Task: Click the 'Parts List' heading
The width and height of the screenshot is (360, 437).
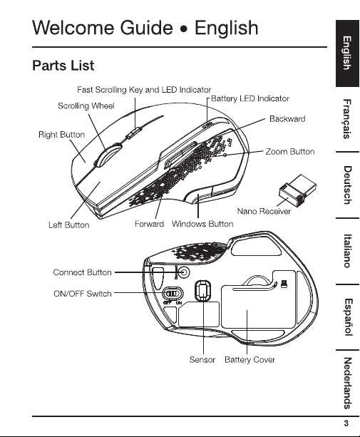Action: coord(63,66)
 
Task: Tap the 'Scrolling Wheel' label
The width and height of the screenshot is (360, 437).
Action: coord(86,106)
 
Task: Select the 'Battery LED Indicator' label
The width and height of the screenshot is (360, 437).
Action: coord(250,98)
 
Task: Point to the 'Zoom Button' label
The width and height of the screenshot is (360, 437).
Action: coord(290,152)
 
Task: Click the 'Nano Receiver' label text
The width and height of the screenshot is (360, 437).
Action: coord(264,211)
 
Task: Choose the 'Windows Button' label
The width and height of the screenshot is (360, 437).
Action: coord(202,224)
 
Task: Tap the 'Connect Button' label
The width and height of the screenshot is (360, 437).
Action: coord(82,272)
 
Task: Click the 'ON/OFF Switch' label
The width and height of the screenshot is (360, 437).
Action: coord(83,294)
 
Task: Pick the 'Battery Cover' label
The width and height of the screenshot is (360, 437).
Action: coord(250,360)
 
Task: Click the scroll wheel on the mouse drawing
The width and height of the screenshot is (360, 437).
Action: coord(107,155)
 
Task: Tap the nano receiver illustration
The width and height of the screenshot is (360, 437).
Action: coord(297,190)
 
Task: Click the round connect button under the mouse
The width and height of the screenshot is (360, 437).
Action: coord(184,272)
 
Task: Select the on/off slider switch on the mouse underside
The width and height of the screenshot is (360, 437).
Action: coord(173,294)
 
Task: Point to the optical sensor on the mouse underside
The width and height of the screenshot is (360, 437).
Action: coord(203,290)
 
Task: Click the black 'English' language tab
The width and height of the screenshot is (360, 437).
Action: coord(347,53)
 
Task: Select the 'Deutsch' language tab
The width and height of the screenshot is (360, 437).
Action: coord(347,185)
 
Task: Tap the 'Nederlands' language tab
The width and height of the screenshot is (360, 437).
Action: coord(347,384)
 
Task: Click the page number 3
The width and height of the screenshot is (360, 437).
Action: coord(346,423)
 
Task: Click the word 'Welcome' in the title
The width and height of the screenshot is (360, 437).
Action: coord(73,28)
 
